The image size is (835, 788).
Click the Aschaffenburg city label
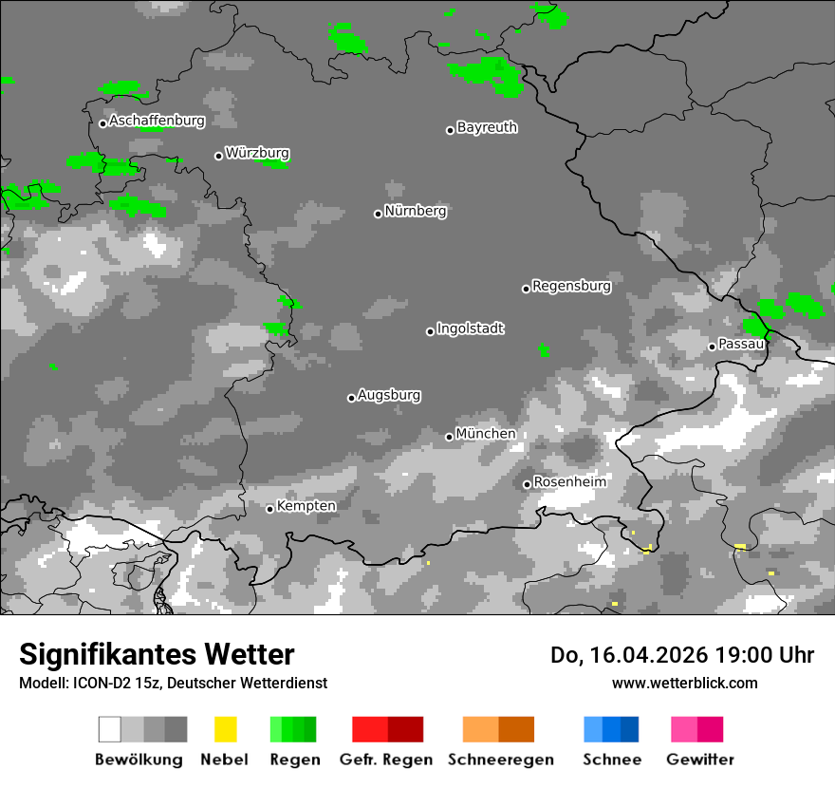click(157, 122)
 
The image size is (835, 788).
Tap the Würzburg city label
click(257, 153)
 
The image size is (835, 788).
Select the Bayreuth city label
click(487, 127)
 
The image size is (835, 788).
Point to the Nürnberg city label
click(416, 211)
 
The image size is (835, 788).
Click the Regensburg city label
click(571, 286)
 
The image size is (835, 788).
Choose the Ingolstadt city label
click(471, 328)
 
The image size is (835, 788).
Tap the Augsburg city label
click(389, 395)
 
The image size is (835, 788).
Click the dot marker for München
click(450, 437)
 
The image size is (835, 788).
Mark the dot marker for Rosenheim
click(528, 484)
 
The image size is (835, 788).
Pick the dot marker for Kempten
click(270, 509)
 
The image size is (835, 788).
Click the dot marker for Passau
click(712, 347)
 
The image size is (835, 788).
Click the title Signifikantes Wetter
click(157, 655)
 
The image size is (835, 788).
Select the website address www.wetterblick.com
click(684, 683)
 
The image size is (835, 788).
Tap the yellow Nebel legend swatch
click(225, 729)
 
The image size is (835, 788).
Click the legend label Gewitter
click(700, 760)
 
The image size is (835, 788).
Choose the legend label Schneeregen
click(501, 760)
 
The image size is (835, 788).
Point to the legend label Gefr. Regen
click(385, 760)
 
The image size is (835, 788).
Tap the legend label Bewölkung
click(139, 760)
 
